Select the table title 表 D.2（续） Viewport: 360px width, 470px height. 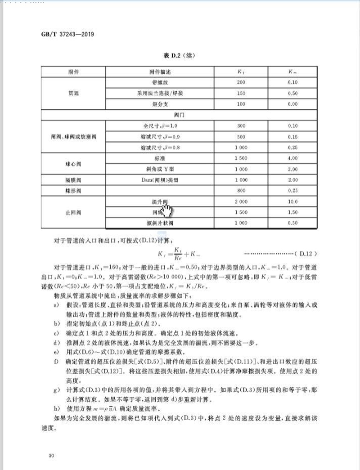[180, 57]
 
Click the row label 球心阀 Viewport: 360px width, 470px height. [73, 164]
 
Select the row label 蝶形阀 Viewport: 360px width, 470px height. [73, 191]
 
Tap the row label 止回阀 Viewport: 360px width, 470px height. [73, 212]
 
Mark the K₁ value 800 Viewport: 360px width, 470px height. [241, 191]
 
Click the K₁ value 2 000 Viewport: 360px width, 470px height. [241, 201]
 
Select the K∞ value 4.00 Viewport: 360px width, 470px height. [292, 158]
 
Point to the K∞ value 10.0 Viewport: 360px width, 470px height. [292, 201]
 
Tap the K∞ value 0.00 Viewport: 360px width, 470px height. [292, 104]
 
